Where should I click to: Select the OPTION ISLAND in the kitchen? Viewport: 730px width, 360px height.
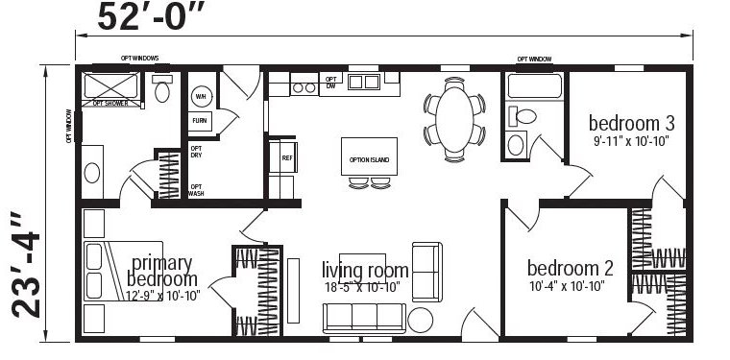pos(369,157)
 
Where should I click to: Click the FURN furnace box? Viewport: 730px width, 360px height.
pos(200,121)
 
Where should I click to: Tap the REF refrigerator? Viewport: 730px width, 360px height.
pos(286,157)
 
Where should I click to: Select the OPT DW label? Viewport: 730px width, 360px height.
pos(330,81)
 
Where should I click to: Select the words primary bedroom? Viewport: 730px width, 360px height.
pos(161,271)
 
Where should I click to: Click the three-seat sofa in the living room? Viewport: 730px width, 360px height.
pos(365,316)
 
